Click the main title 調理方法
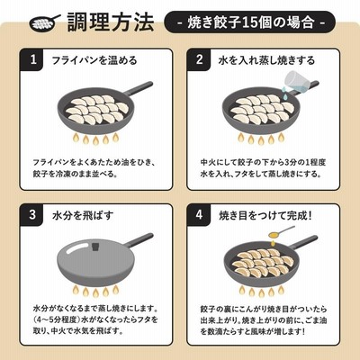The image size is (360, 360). pos(111,22)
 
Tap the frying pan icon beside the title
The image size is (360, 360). pos(45,22)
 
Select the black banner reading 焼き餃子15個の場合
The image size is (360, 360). pos(249,22)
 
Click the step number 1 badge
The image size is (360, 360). pos(33,59)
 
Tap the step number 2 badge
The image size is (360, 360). pos(199,59)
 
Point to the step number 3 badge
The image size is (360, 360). pos(33,215)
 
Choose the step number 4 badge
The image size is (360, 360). pos(199,215)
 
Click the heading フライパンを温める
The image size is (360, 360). pos(94,60)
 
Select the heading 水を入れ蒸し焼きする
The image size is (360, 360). pos(266,60)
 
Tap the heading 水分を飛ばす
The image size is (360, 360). pos(83,215)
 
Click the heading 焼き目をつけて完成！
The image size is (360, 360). pos(265,215)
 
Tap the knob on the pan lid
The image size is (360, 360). pos(95,247)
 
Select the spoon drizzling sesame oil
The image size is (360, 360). pos(281,231)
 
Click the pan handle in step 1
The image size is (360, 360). pos(139,88)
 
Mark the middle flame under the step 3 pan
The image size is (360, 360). pos(95,292)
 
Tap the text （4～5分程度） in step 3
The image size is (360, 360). pos(57,319)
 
